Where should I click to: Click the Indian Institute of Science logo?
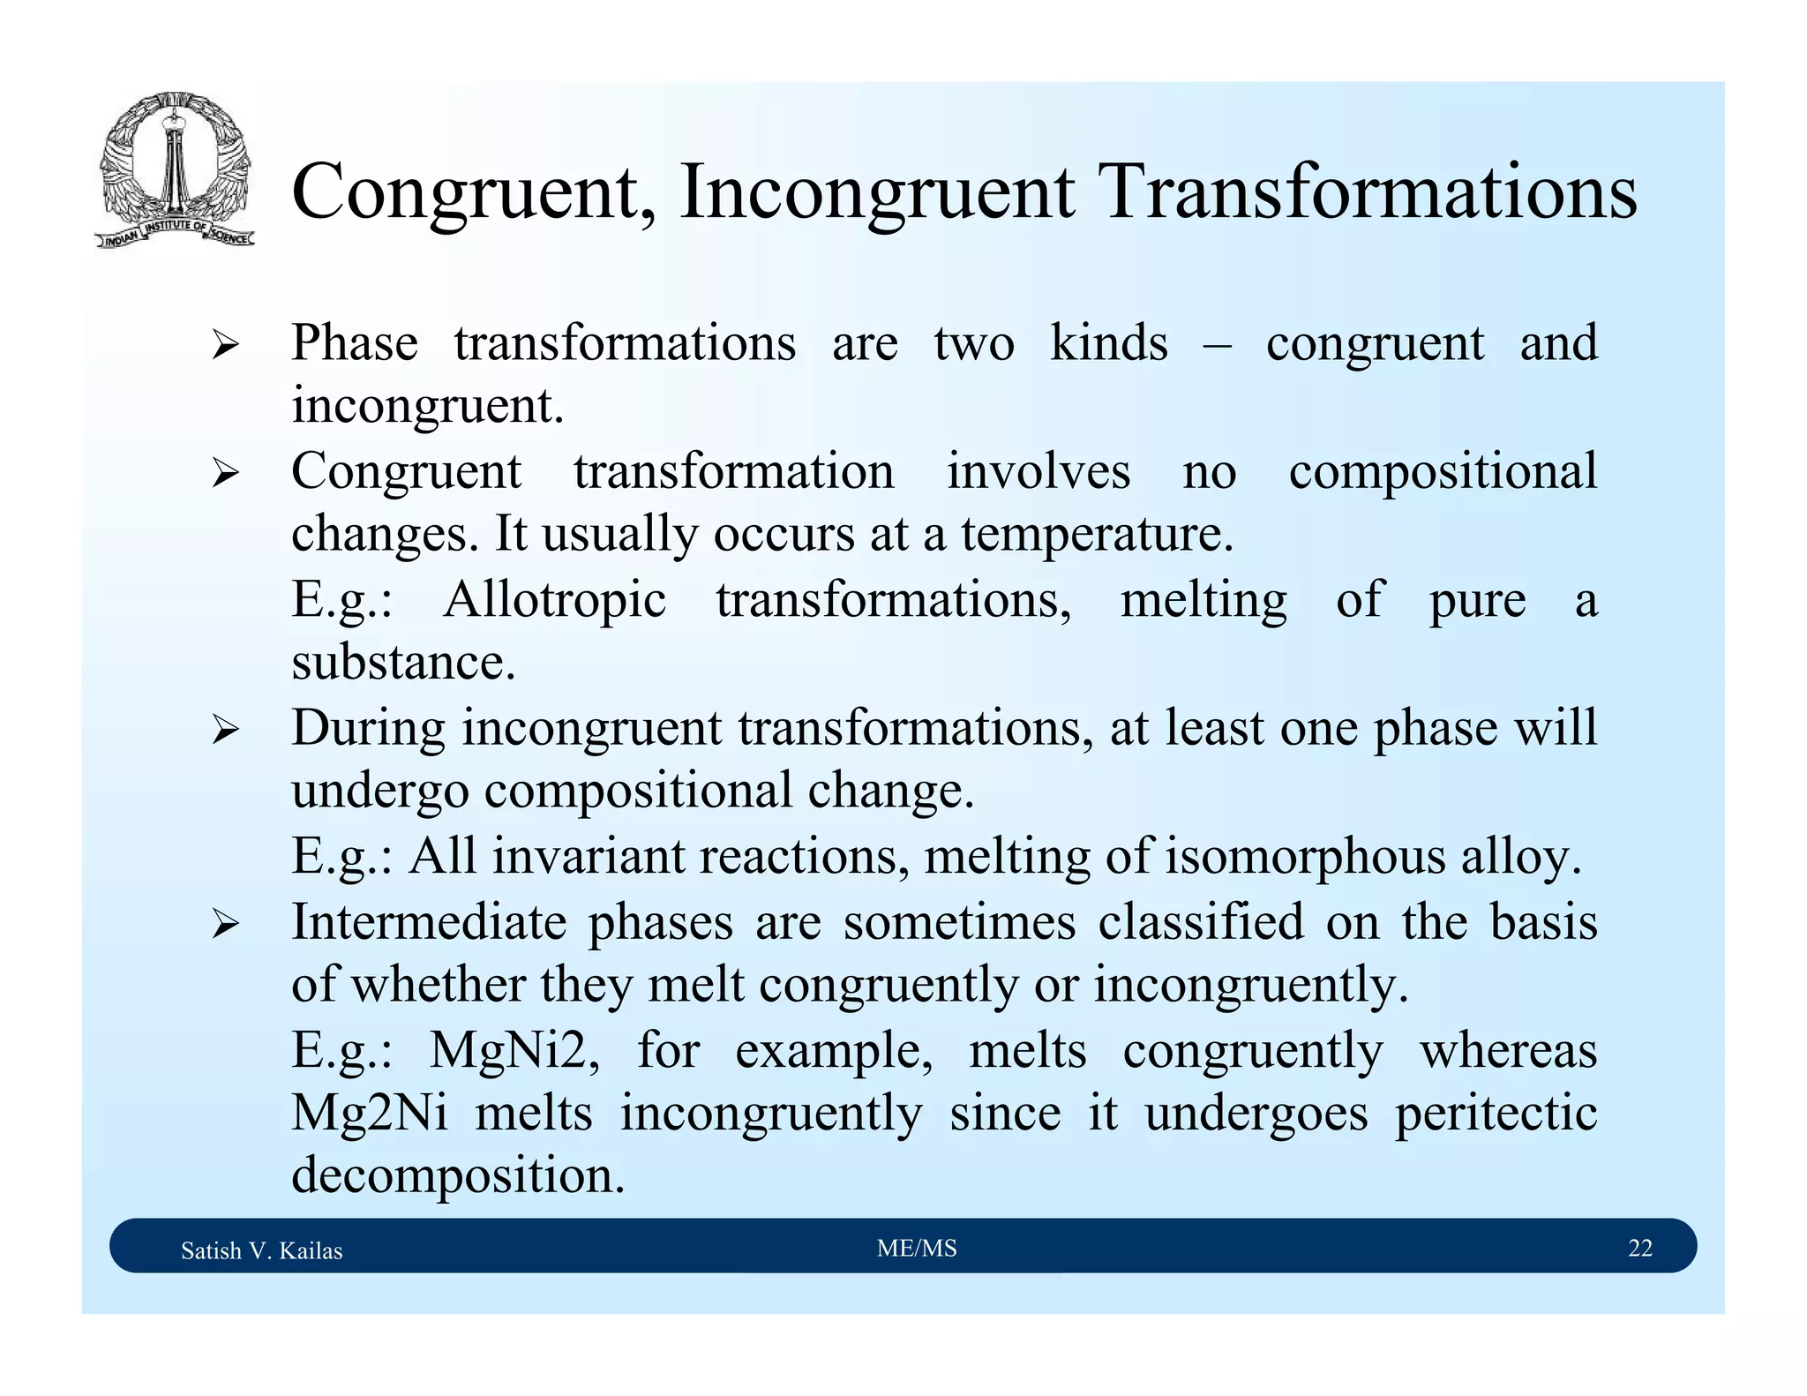pyautogui.click(x=175, y=170)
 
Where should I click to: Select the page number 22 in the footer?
pyautogui.click(x=1639, y=1248)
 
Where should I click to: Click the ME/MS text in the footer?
pyautogui.click(x=917, y=1248)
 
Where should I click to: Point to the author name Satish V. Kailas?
pyautogui.click(x=261, y=1250)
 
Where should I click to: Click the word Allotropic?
pyautogui.click(x=555, y=600)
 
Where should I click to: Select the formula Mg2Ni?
pyautogui.click(x=370, y=1113)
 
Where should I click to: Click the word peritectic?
pyautogui.click(x=1496, y=1113)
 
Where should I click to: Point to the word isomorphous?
pyautogui.click(x=1305, y=856)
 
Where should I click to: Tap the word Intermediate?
pyautogui.click(x=429, y=922)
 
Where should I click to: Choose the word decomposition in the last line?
pyautogui.click(x=457, y=1175)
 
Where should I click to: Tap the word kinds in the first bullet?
pyautogui.click(x=1108, y=342)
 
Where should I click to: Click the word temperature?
pyautogui.click(x=1096, y=535)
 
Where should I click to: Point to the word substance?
pyautogui.click(x=403, y=662)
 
